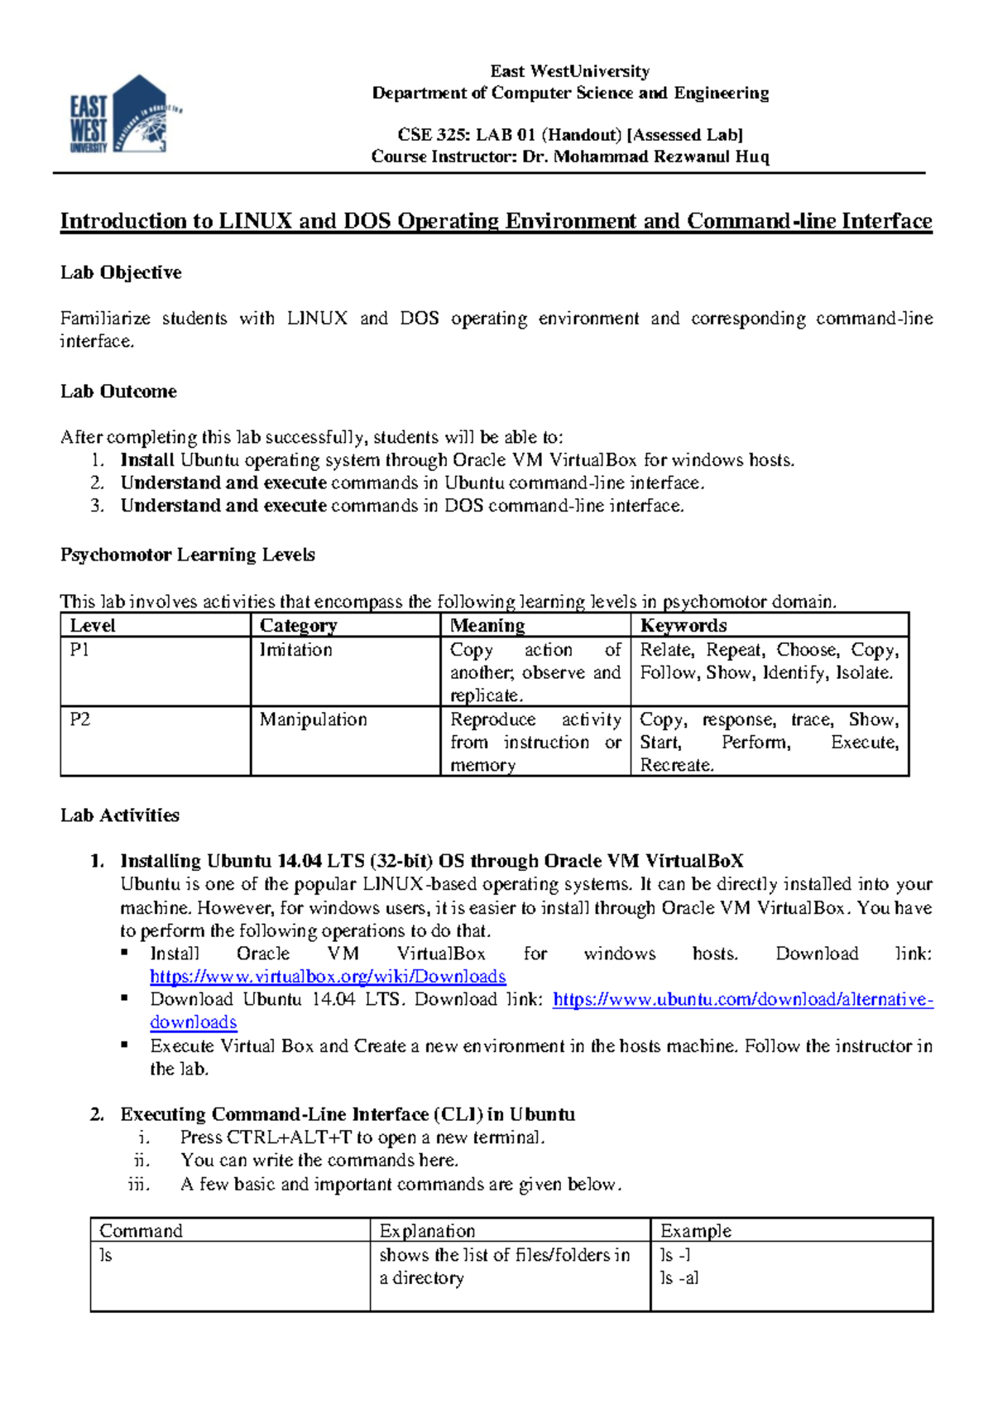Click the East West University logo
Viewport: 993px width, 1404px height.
[x=124, y=116]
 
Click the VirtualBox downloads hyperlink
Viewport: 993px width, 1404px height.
[x=328, y=977]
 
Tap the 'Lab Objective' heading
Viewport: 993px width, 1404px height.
[x=121, y=272]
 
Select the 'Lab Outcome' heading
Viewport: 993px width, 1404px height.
[x=118, y=392]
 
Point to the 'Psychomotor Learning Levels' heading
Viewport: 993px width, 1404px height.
[x=187, y=555]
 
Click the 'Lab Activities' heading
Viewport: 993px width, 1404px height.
[x=120, y=815]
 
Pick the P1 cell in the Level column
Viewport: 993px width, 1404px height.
[x=79, y=650]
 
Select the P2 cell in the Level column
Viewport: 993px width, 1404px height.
[x=79, y=719]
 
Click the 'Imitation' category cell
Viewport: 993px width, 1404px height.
[x=296, y=650]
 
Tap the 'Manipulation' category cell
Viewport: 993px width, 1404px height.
[x=313, y=719]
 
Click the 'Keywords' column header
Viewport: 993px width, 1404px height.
[x=684, y=626]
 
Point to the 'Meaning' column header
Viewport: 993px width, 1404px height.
[x=487, y=626]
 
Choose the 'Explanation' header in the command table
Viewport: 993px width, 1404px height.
[x=427, y=1231]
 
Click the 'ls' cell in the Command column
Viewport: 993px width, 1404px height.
[x=105, y=1255]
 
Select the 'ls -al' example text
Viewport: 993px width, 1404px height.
[x=679, y=1278]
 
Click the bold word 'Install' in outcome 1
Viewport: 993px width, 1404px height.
[x=147, y=460]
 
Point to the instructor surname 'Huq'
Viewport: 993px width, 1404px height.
[x=752, y=156]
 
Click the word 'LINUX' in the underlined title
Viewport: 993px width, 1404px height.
[x=256, y=222]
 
